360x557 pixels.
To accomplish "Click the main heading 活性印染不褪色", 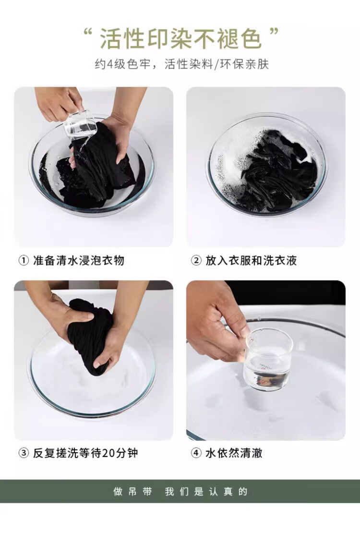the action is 180,39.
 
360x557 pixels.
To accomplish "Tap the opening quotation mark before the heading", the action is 88,33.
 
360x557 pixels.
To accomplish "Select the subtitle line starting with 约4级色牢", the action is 182,64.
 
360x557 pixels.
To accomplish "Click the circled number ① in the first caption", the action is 24,261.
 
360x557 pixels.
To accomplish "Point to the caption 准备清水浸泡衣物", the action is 78,260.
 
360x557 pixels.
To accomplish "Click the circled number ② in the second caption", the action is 196,261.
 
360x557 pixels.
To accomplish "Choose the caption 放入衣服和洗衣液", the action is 251,260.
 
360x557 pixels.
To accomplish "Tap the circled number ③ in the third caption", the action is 24,453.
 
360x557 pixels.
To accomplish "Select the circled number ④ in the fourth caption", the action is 196,453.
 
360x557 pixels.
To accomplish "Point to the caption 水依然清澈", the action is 234,453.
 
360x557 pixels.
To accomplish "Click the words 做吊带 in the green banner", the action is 132,492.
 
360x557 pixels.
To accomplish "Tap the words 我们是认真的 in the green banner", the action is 206,492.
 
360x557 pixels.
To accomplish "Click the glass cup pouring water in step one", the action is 80,125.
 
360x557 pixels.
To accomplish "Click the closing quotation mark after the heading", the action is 274,33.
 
